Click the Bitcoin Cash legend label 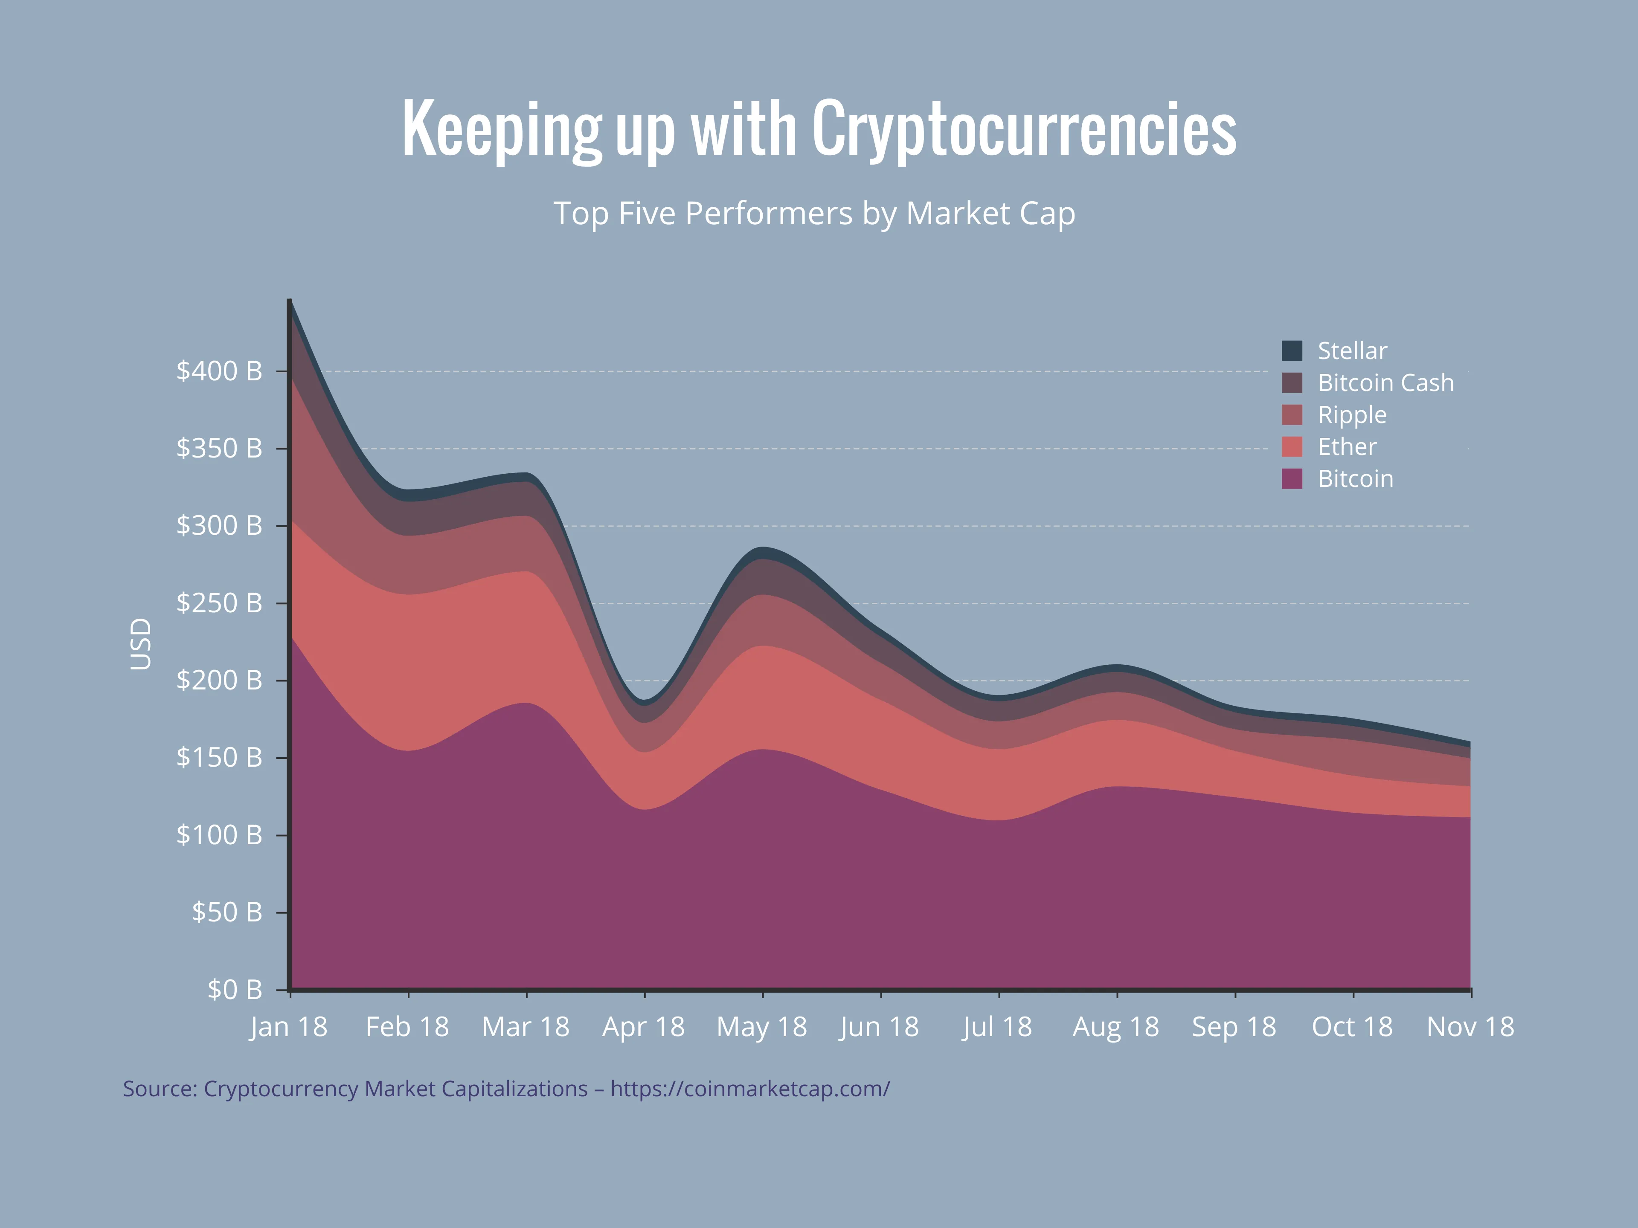pos(1385,383)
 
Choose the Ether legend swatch pos(1292,446)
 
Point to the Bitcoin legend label pos(1355,479)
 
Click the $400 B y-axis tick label pos(219,371)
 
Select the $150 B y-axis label pos(219,757)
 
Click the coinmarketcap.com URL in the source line pos(749,1089)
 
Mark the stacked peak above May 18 pos(763,549)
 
